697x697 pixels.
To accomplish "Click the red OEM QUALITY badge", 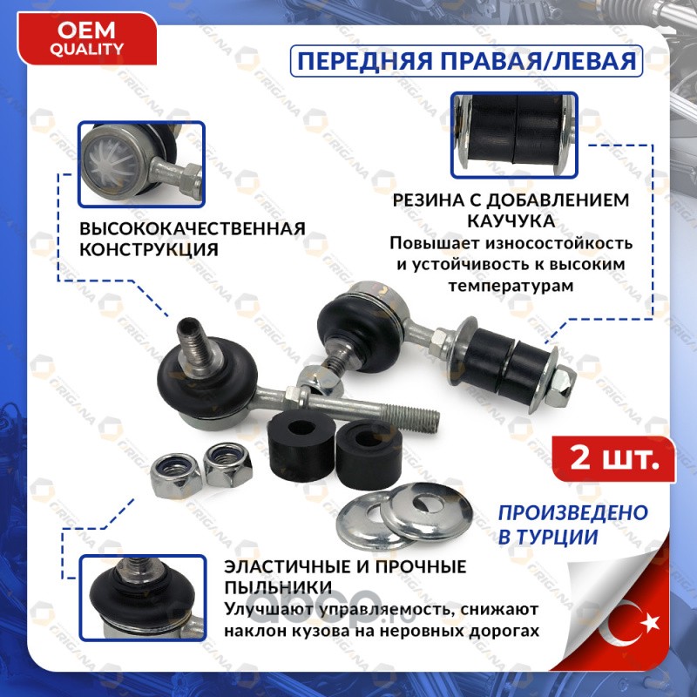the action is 86,38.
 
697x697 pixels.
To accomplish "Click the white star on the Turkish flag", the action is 650,622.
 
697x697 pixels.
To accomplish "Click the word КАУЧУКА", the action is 511,221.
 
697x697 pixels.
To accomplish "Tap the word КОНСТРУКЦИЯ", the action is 149,249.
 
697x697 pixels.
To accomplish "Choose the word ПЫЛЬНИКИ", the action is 278,587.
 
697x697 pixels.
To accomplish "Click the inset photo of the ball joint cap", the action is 141,164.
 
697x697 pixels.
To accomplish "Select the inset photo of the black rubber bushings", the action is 514,135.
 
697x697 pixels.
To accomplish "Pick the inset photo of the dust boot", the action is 143,598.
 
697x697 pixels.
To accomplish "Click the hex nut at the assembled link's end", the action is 559,384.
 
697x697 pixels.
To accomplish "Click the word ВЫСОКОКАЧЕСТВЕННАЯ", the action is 193,228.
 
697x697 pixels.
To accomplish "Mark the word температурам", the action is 511,286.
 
